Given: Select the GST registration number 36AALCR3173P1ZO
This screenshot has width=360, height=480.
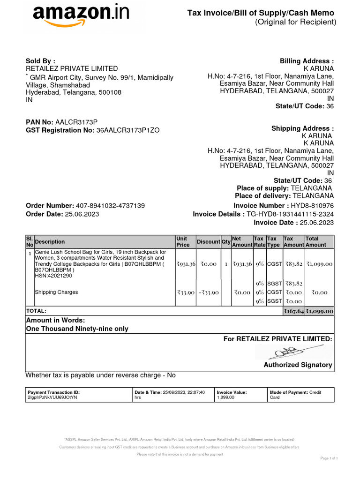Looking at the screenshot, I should [x=127, y=130].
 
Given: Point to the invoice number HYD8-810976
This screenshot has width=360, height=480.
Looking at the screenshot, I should [x=313, y=206].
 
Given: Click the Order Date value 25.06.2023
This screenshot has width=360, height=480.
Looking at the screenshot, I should [x=81, y=214].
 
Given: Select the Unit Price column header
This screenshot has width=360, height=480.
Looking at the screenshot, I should [x=183, y=241].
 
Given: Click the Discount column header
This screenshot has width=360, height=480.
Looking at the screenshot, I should [x=208, y=241].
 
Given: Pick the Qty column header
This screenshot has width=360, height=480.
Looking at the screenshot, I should [x=226, y=241].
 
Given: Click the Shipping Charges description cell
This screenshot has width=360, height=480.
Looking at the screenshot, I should [x=57, y=292].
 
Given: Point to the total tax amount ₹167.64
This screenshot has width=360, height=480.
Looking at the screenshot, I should [x=293, y=311].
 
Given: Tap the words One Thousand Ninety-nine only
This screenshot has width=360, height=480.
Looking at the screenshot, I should [x=77, y=329].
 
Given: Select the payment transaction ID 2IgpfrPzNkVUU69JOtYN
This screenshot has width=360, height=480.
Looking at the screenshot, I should [x=52, y=397].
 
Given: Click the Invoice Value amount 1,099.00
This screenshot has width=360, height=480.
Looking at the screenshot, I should [x=225, y=397].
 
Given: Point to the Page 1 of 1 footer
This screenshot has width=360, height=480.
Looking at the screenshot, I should [x=329, y=458].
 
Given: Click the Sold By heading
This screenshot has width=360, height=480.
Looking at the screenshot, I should [x=40, y=60].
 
